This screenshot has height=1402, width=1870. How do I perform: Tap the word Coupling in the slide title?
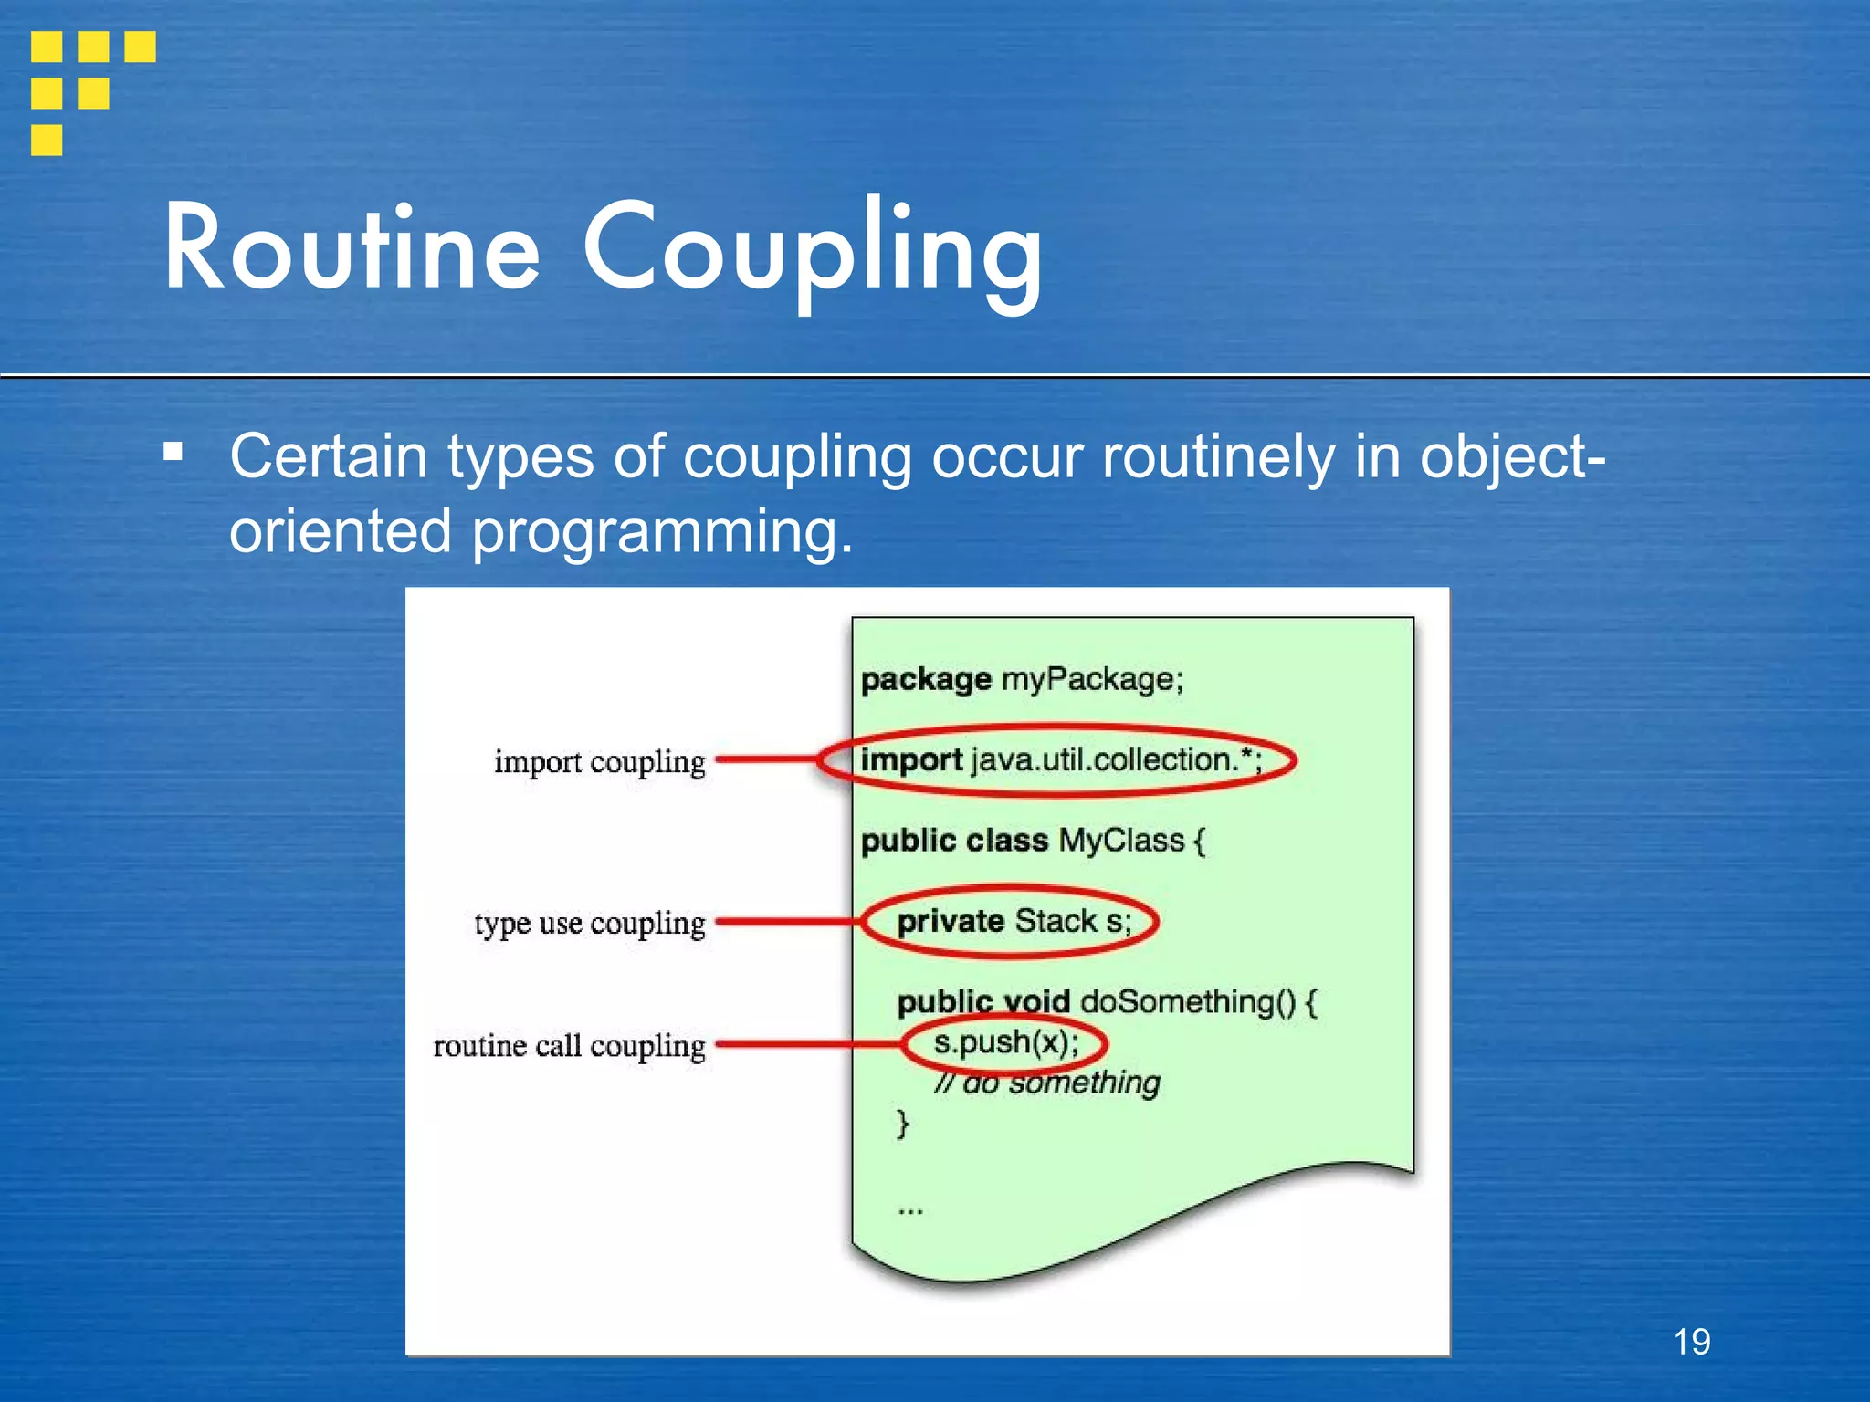813,252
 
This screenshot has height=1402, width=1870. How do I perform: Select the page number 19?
1691,1342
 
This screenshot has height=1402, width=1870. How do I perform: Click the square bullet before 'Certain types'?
173,451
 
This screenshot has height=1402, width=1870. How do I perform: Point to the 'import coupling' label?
599,762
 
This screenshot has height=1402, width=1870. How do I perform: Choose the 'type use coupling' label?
590,924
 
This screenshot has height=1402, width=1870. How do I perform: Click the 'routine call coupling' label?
569,1046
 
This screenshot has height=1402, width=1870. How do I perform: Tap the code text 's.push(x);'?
1005,1042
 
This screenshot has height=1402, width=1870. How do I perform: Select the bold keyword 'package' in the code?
926,680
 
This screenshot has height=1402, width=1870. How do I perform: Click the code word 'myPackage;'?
1092,680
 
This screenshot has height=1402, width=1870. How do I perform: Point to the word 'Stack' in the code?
1056,922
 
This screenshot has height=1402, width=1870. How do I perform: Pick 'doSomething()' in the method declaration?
1188,1002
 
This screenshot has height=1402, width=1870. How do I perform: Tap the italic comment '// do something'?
1047,1083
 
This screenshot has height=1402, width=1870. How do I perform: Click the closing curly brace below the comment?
903,1123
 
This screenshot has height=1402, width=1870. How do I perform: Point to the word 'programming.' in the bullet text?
662,531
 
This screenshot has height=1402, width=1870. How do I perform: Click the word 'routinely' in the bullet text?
1218,456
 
